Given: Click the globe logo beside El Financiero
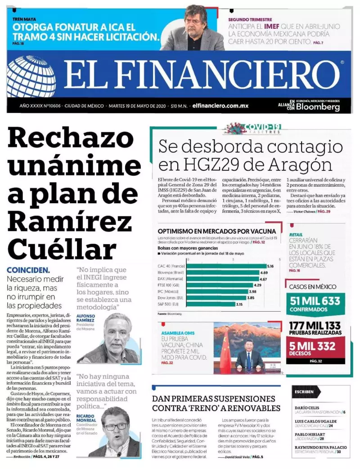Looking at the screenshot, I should click(x=31, y=76).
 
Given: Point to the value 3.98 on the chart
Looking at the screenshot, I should click(x=252, y=291).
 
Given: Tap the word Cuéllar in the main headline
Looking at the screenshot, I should click(x=62, y=249).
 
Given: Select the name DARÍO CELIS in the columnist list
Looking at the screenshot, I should click(x=307, y=406).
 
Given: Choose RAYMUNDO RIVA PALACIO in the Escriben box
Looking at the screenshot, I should click(x=320, y=447).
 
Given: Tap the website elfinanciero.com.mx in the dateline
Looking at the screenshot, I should click(x=220, y=106).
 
